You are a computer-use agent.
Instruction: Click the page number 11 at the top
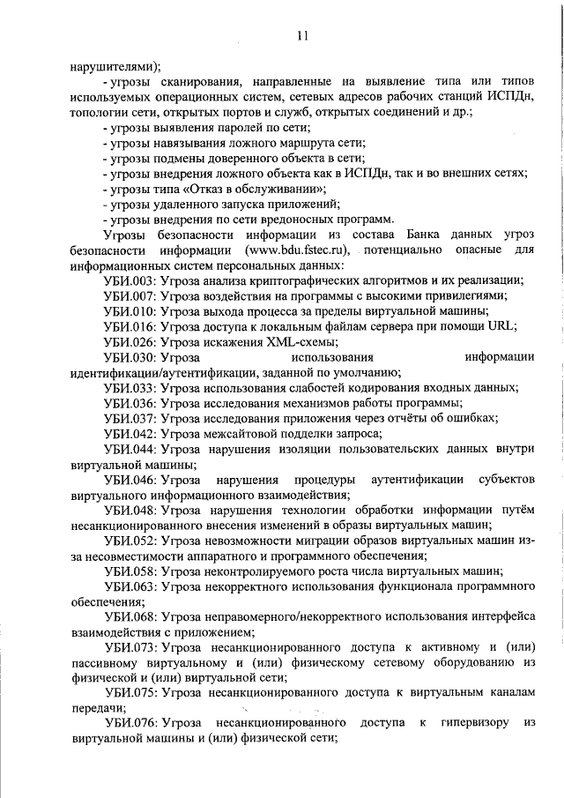click(x=302, y=36)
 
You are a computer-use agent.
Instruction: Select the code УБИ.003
click(x=130, y=280)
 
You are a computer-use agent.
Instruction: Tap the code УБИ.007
click(x=130, y=295)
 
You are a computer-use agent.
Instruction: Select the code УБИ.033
click(x=130, y=387)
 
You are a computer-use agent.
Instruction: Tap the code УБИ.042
click(x=130, y=433)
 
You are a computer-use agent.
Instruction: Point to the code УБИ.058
click(x=130, y=571)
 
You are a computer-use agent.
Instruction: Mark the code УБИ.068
click(x=130, y=616)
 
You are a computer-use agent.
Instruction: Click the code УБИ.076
click(x=130, y=723)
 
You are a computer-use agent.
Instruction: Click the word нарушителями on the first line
click(x=111, y=64)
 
